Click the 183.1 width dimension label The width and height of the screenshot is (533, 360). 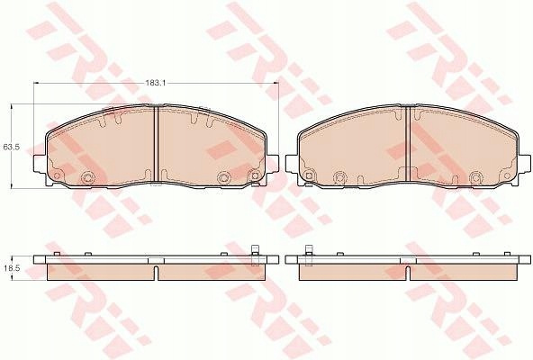(156, 83)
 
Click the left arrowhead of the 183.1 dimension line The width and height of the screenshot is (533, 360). (36, 83)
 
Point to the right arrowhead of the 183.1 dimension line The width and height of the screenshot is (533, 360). (276, 83)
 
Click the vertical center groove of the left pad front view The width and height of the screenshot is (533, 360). (157, 144)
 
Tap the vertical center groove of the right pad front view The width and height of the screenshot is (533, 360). (408, 144)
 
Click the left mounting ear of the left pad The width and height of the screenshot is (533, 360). (40, 164)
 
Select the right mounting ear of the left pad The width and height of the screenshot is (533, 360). (273, 164)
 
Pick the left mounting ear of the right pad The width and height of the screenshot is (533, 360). (292, 164)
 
